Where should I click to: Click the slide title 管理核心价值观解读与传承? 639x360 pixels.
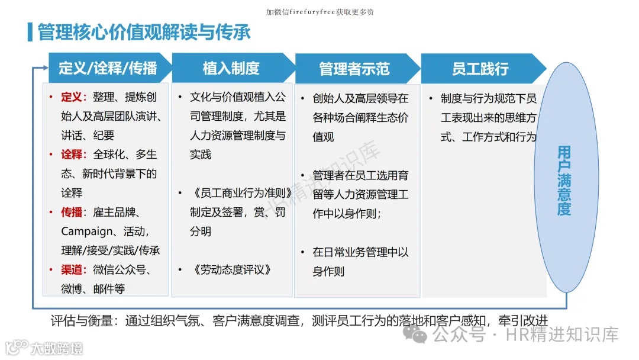[x=144, y=32]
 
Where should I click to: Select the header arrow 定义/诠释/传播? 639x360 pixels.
[x=108, y=69]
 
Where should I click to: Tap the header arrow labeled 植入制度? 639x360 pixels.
[x=231, y=69]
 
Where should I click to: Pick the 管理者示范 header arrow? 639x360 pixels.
[x=354, y=69]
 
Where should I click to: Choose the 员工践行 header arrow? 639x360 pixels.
[x=480, y=69]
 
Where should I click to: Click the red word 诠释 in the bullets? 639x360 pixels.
[x=73, y=155]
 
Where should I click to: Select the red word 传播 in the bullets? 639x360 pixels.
[x=73, y=212]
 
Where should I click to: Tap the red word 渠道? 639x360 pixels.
[x=73, y=270]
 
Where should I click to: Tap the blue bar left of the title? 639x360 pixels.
[x=30, y=32]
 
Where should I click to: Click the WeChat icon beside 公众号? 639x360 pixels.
[x=419, y=336]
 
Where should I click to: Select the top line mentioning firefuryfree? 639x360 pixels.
[x=319, y=12]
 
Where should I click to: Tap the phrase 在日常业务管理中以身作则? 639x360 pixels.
[x=360, y=262]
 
